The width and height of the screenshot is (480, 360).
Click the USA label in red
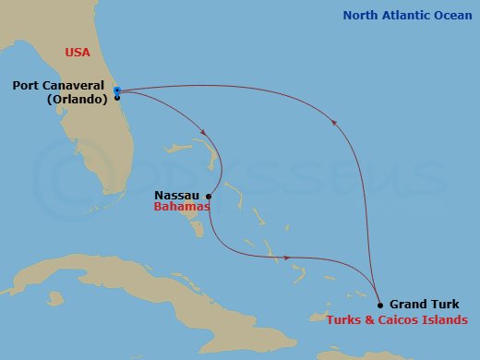(78, 53)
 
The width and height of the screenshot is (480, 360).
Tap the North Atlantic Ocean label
(407, 16)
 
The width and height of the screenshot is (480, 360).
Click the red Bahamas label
(181, 208)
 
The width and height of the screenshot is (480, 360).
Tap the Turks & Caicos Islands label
(397, 319)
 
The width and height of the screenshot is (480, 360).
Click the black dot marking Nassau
(210, 196)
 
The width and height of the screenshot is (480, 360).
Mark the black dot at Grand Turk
(380, 304)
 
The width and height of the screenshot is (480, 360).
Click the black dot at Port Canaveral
(117, 97)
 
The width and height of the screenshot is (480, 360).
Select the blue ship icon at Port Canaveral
(117, 90)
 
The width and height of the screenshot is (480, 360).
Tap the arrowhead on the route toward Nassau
(201, 131)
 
